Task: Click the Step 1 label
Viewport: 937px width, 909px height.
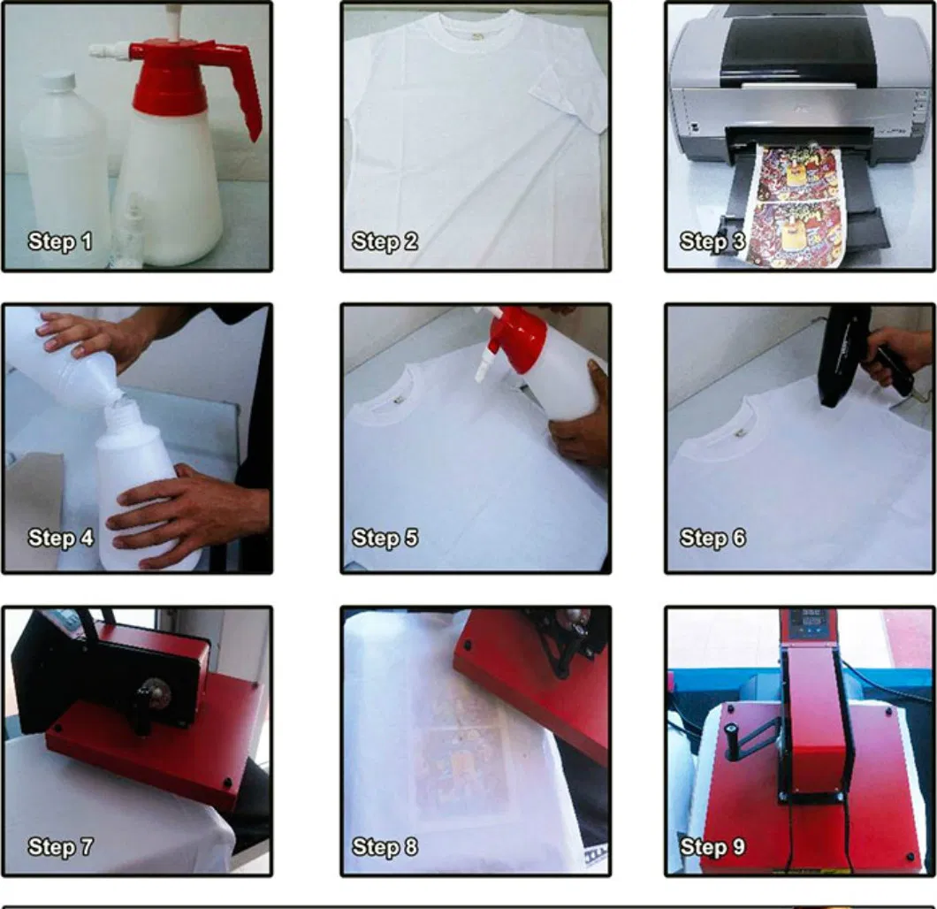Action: click(59, 241)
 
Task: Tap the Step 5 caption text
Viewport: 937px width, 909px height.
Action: click(385, 538)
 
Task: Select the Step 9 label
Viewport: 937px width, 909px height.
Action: click(712, 847)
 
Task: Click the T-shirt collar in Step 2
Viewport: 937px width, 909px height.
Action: click(475, 27)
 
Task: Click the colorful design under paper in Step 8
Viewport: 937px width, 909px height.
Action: click(459, 752)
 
